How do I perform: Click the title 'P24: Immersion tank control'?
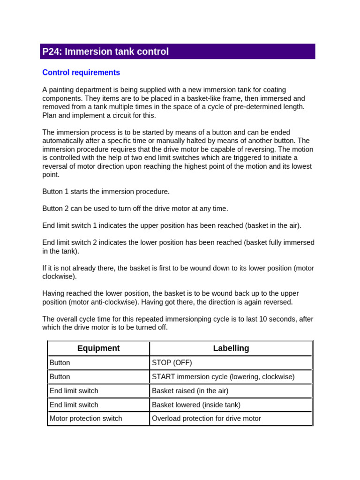[x=105, y=52]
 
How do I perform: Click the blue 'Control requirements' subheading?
[x=81, y=73]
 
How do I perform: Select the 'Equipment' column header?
[x=98, y=348]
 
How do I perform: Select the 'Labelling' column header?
[x=231, y=348]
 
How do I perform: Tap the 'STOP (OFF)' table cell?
[x=172, y=363]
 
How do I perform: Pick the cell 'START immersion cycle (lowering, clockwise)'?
[x=223, y=377]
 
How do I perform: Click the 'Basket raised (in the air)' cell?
[x=190, y=391]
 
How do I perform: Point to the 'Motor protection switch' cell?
[x=86, y=419]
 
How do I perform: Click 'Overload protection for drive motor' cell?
[x=206, y=419]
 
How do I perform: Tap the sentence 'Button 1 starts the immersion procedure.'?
[x=106, y=192]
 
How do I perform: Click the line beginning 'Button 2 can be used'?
[x=135, y=209]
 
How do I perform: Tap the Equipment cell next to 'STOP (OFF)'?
[x=60, y=363]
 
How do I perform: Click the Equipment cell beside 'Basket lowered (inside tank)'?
[x=74, y=405]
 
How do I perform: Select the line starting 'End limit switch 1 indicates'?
[x=172, y=225]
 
